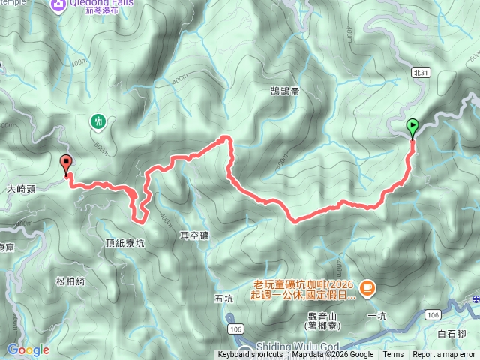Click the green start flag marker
click(x=412, y=127)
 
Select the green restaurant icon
click(x=98, y=121)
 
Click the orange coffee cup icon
click(x=367, y=286)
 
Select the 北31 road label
click(x=420, y=72)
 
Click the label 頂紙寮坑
click(x=125, y=244)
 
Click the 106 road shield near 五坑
click(x=235, y=307)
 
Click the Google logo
click(x=28, y=349)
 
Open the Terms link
click(x=393, y=355)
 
